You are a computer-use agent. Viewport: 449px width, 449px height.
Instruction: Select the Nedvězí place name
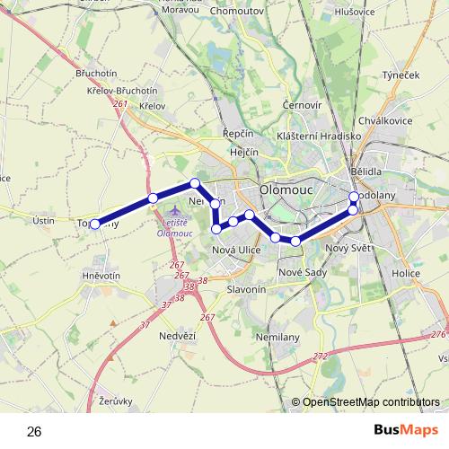coord(176,335)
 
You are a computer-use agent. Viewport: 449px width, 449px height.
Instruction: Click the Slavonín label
coord(245,289)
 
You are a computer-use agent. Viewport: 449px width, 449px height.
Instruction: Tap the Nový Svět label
coord(346,248)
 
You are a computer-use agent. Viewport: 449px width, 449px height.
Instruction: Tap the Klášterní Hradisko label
coord(319,135)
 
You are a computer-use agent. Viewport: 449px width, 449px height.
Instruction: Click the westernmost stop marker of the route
coord(95,224)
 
